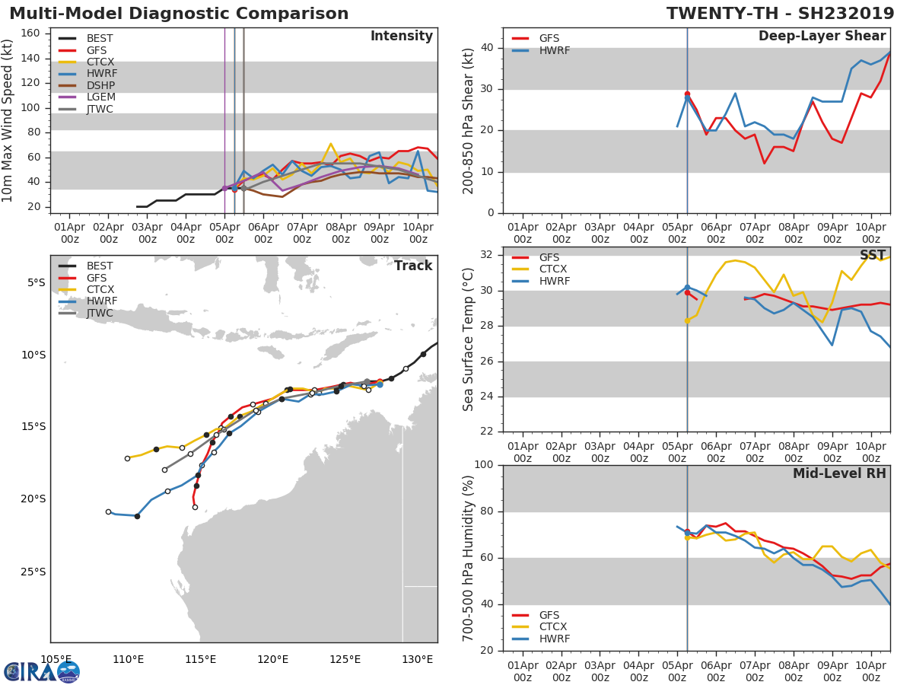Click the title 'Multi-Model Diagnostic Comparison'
coord(179,14)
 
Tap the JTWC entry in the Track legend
coord(100,314)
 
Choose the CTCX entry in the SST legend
coord(552,269)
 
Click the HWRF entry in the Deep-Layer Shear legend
coord(554,50)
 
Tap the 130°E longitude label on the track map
coord(418,659)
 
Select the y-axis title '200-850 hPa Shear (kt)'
coord(469,120)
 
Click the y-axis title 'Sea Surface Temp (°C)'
coord(469,339)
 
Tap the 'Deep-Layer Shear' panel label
coord(822,37)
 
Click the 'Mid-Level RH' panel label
coord(839,473)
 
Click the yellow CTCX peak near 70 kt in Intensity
coord(330,143)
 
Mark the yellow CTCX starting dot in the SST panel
coord(687,320)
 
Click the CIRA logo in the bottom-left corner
coord(42,671)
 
